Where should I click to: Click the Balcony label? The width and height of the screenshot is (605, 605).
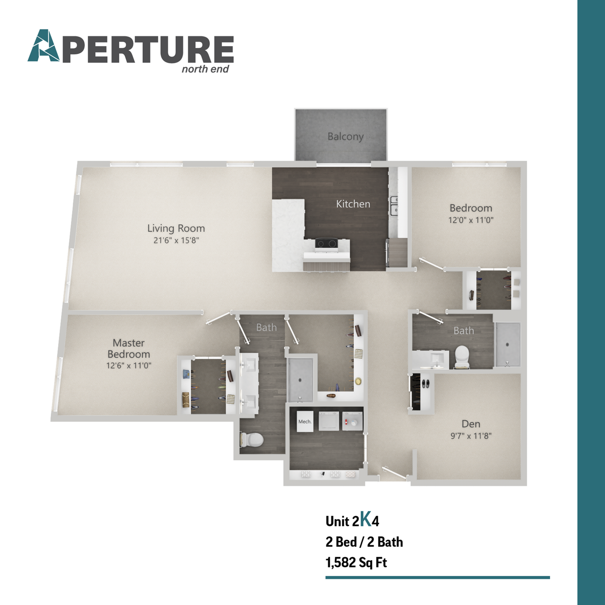(x=345, y=136)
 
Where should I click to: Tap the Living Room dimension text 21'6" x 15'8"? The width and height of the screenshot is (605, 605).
(x=176, y=241)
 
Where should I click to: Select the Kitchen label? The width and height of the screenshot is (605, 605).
(x=353, y=204)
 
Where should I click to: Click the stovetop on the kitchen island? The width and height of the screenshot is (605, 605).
(x=327, y=243)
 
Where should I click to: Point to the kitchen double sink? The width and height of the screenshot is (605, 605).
(x=395, y=205)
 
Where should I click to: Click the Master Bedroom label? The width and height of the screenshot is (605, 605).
(x=129, y=348)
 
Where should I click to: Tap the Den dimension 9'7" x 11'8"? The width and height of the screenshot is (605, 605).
(x=471, y=436)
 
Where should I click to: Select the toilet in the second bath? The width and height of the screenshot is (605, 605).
(x=462, y=356)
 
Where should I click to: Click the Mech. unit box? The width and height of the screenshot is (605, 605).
(x=305, y=422)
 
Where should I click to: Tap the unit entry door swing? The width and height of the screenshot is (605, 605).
(x=394, y=473)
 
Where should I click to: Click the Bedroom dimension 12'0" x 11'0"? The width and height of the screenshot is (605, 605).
(x=471, y=220)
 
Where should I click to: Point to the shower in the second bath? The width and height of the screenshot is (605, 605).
(x=507, y=345)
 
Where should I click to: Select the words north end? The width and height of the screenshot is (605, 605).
(x=205, y=69)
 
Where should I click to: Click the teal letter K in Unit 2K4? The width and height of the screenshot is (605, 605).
(x=366, y=519)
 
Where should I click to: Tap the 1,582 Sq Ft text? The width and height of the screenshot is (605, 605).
(x=356, y=562)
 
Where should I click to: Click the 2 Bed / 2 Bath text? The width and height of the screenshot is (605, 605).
(x=364, y=542)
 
